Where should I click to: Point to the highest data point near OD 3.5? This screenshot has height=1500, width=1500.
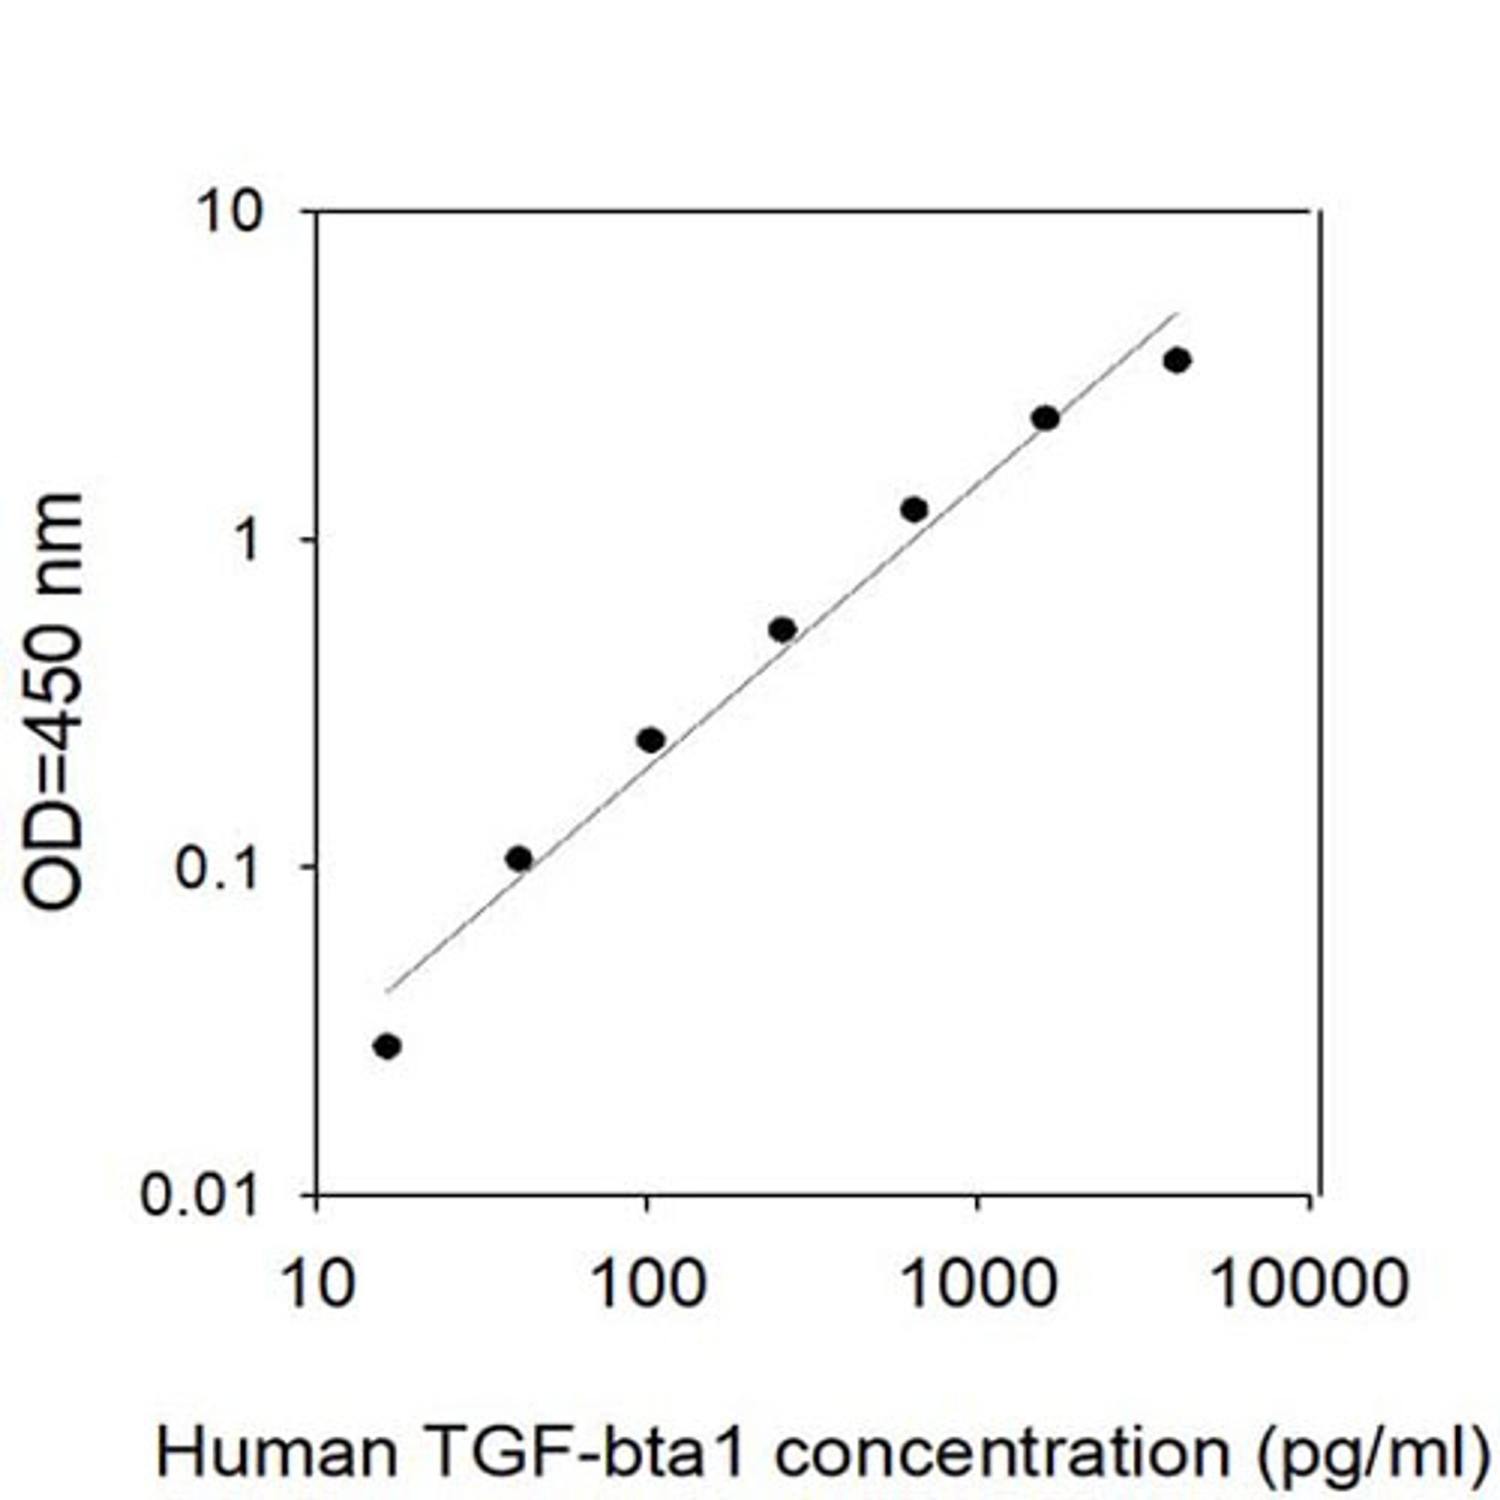click(x=1177, y=360)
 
